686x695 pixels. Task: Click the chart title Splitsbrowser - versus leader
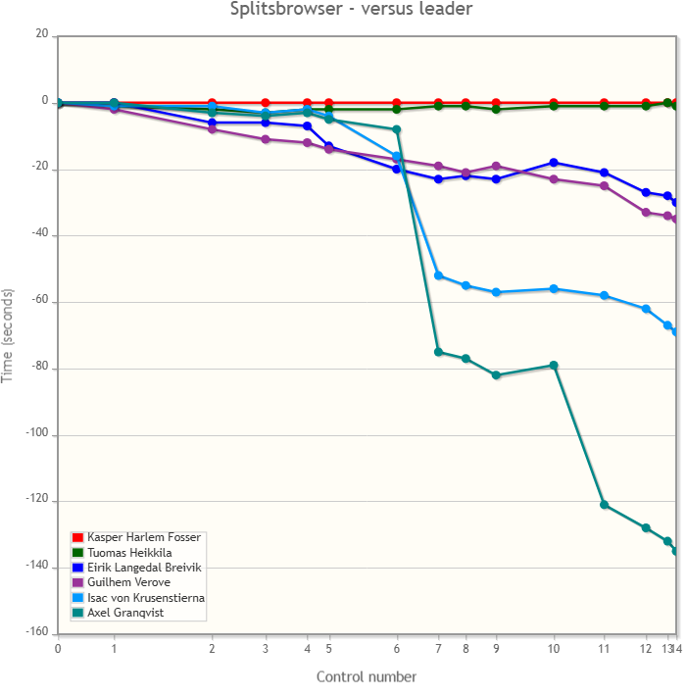(351, 10)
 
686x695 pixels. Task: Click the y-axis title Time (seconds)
(8, 335)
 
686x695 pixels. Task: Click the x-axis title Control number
(366, 676)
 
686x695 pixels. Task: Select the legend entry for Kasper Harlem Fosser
(143, 537)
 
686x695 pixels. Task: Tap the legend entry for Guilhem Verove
(122, 582)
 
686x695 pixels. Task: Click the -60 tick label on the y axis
(38, 302)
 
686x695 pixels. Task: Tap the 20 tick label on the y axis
(41, 34)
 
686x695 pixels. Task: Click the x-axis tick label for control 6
(397, 649)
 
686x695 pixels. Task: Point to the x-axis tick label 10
(554, 649)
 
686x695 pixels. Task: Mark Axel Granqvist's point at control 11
(604, 505)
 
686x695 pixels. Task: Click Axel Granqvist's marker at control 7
(438, 352)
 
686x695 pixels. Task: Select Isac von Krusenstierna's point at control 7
(438, 275)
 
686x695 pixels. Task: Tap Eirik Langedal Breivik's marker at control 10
(554, 163)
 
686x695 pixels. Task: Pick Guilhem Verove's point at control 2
(212, 129)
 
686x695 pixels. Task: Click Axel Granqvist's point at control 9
(496, 375)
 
